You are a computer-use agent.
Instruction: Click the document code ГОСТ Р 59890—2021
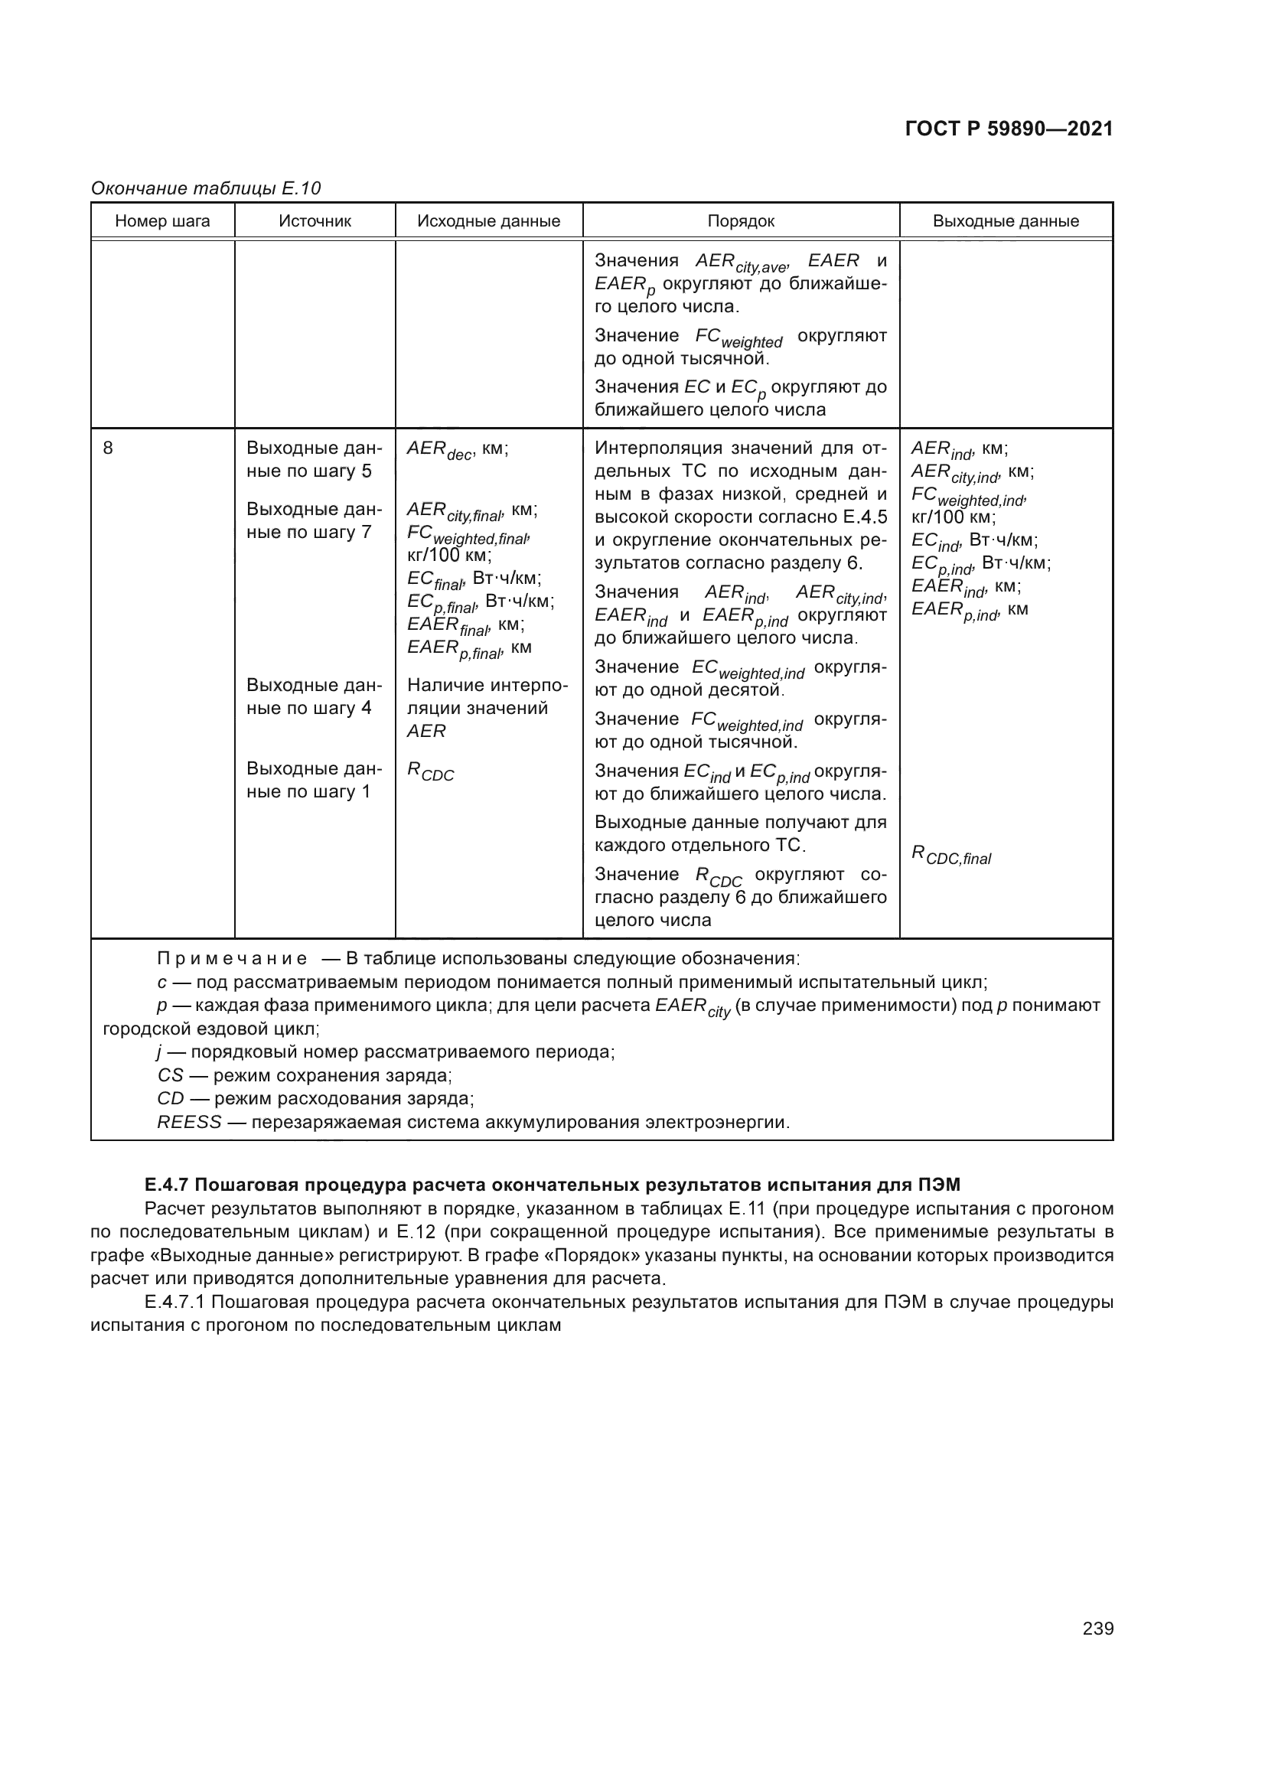click(1009, 129)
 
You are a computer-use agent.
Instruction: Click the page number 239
click(1097, 1629)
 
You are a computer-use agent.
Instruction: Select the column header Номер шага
click(162, 221)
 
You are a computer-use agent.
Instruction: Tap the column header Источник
click(315, 221)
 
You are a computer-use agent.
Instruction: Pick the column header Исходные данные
click(489, 221)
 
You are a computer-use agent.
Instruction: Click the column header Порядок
click(741, 221)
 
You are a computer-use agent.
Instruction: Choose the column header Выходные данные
click(1006, 221)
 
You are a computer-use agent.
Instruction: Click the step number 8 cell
click(108, 448)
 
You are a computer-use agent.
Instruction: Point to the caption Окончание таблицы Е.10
click(206, 188)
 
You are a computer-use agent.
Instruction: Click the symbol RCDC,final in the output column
click(951, 856)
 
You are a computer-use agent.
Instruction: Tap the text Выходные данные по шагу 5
click(314, 460)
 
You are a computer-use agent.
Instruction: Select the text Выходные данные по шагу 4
click(314, 696)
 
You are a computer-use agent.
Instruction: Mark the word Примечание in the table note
click(231, 958)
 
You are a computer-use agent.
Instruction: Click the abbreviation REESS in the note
click(189, 1123)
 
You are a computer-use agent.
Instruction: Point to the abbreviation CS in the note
click(170, 1076)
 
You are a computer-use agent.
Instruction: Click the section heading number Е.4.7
click(166, 1185)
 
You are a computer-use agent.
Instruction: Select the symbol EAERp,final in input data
click(454, 649)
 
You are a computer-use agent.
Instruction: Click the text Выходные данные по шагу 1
click(314, 780)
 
